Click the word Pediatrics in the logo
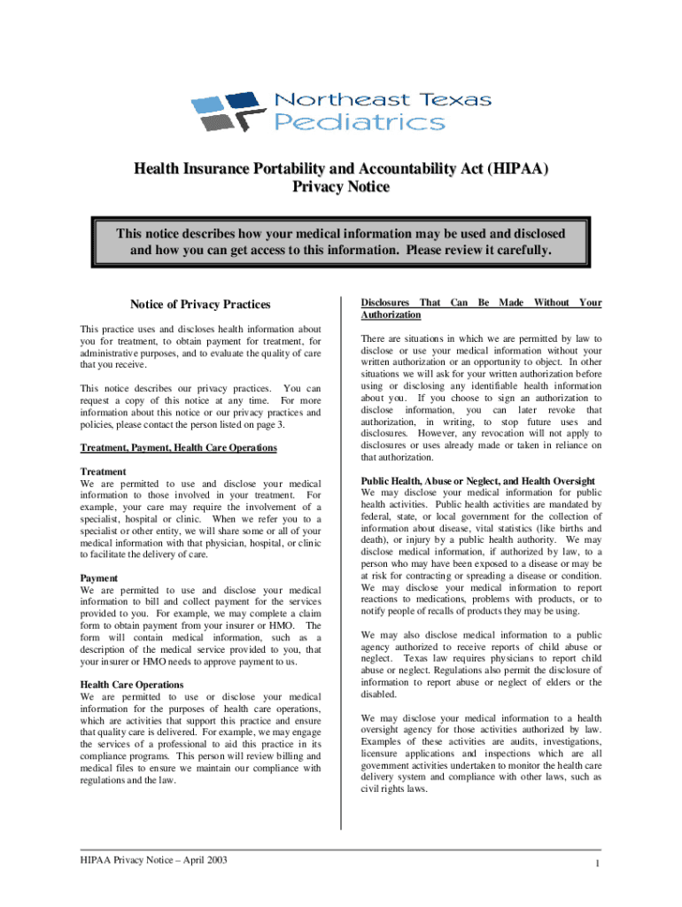click(x=359, y=121)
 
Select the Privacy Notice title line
click(x=340, y=188)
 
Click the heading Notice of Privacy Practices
click(x=200, y=305)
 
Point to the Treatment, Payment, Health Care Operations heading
click(x=178, y=448)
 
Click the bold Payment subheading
click(x=99, y=578)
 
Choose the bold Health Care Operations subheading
click(x=132, y=685)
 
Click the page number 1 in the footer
click(x=600, y=864)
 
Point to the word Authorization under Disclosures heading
click(x=391, y=315)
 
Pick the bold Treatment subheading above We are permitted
click(x=103, y=472)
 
